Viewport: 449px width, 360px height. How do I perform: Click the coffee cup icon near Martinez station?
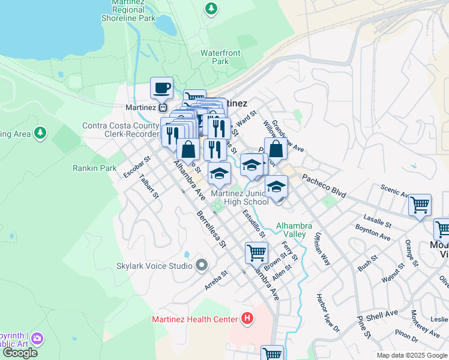(x=161, y=88)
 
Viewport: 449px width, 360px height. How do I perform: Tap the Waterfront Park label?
(x=220, y=57)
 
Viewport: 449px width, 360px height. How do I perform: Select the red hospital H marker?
(x=246, y=319)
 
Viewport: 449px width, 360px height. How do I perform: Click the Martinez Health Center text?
(x=195, y=319)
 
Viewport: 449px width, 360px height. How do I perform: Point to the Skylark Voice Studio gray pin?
(x=201, y=265)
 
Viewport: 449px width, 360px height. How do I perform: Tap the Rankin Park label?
(x=95, y=169)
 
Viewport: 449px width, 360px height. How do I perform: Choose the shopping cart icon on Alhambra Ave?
(x=256, y=253)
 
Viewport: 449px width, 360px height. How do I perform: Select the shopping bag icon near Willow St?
(x=276, y=149)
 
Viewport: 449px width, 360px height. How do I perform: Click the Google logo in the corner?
(x=20, y=353)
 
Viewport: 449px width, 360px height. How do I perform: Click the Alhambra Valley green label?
(x=294, y=230)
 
